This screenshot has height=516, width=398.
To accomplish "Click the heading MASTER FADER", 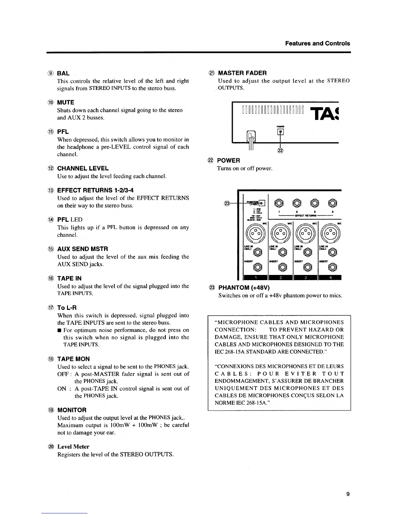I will pos(242,73).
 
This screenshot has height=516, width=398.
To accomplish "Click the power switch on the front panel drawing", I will pos(280,132).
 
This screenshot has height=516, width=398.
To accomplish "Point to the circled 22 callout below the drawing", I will pos(280,150).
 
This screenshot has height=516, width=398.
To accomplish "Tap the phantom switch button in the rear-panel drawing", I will pos(263,204).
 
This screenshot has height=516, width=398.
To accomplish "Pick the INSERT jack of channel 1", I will pos(257,268).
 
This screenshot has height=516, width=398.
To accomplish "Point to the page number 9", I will pos(348,494).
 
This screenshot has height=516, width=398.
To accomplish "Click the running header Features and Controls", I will pos(317,43).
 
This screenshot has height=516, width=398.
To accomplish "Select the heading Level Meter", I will pos(73,447).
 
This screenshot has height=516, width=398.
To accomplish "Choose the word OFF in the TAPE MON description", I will pos(62,374).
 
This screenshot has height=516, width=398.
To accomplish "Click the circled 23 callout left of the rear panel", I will pos(227,204).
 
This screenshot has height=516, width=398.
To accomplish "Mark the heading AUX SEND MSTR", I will pos(83,249).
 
